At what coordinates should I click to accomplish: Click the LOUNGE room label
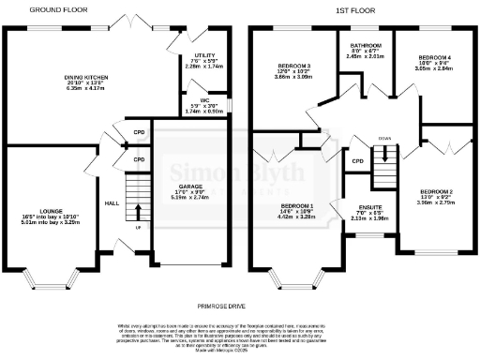[x=52, y=212]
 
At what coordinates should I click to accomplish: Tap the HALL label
[x=112, y=202]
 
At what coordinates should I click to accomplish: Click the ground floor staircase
[x=137, y=202]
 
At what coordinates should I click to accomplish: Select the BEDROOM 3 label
[x=292, y=65]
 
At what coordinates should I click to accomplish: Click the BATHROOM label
[x=365, y=45]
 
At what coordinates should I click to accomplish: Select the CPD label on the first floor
[x=356, y=161]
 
